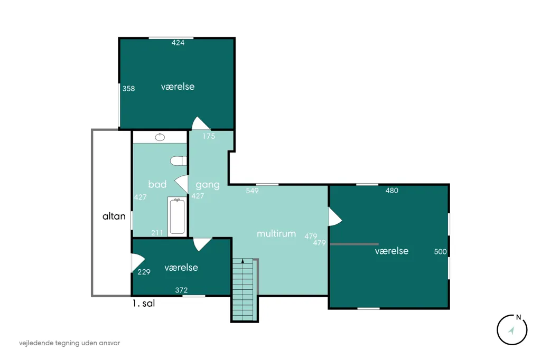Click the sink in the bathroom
point(160,137)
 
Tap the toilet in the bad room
point(179,160)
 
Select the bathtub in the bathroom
point(177,216)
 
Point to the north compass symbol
point(512,329)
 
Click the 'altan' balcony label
point(114,216)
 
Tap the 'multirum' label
point(276,233)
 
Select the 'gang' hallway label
point(207,185)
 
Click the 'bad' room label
point(157,184)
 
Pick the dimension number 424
point(178,43)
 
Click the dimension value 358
point(129,89)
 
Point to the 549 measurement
point(252,191)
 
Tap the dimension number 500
point(440,252)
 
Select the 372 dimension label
point(182,290)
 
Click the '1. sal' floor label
point(144,304)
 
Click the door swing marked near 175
point(200,124)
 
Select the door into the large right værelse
point(335,217)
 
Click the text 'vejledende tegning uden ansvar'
point(69,343)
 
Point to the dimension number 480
point(392,191)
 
